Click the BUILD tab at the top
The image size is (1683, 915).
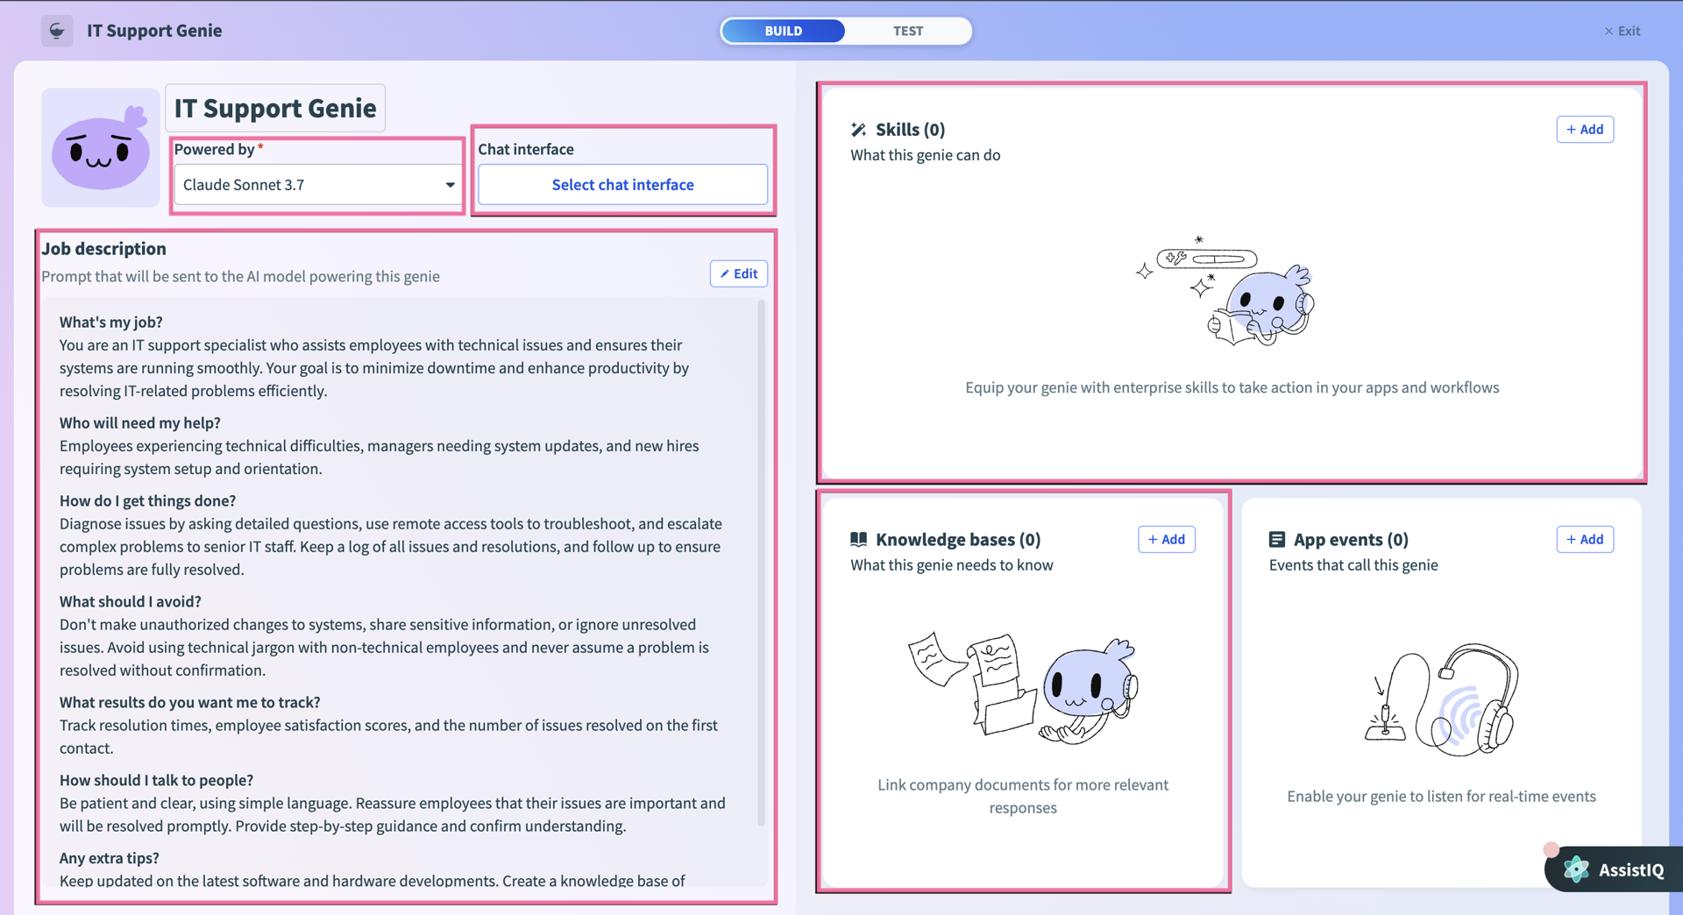(x=783, y=31)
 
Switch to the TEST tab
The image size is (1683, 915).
(x=908, y=31)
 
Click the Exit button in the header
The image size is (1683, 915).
(x=1623, y=31)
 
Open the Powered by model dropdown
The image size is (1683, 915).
(x=318, y=185)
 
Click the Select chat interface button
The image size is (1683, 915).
(x=622, y=185)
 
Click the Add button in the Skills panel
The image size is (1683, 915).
(x=1585, y=130)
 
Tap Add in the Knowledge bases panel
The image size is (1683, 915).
(x=1166, y=540)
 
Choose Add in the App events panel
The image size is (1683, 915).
(x=1585, y=540)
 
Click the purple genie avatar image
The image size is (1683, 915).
(x=101, y=148)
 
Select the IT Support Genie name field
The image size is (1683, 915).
(x=275, y=108)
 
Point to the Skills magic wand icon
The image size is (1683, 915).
(x=858, y=130)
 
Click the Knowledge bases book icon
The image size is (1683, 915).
(x=858, y=540)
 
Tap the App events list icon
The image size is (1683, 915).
(x=1276, y=540)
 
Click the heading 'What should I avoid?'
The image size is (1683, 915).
(x=131, y=601)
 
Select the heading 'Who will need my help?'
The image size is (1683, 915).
(x=140, y=422)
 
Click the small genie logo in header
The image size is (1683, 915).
(x=57, y=31)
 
